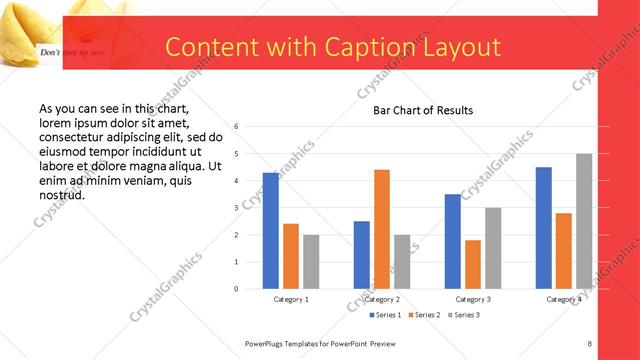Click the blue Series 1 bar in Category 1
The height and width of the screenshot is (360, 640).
click(270, 231)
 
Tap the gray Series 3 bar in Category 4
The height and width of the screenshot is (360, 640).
click(583, 221)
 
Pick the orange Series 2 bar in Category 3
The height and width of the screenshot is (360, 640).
click(472, 264)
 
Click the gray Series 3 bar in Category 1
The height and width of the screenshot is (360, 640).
click(311, 262)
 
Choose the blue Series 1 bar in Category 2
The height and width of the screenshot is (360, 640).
click(361, 255)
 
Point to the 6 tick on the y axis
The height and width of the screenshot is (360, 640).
click(236, 127)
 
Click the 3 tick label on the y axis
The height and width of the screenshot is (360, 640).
click(236, 208)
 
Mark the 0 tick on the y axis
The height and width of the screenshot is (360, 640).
click(236, 289)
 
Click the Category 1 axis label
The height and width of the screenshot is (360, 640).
click(291, 299)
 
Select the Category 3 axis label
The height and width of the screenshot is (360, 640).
click(473, 299)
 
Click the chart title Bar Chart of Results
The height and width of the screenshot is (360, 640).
click(423, 110)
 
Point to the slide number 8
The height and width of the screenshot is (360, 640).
click(589, 343)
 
